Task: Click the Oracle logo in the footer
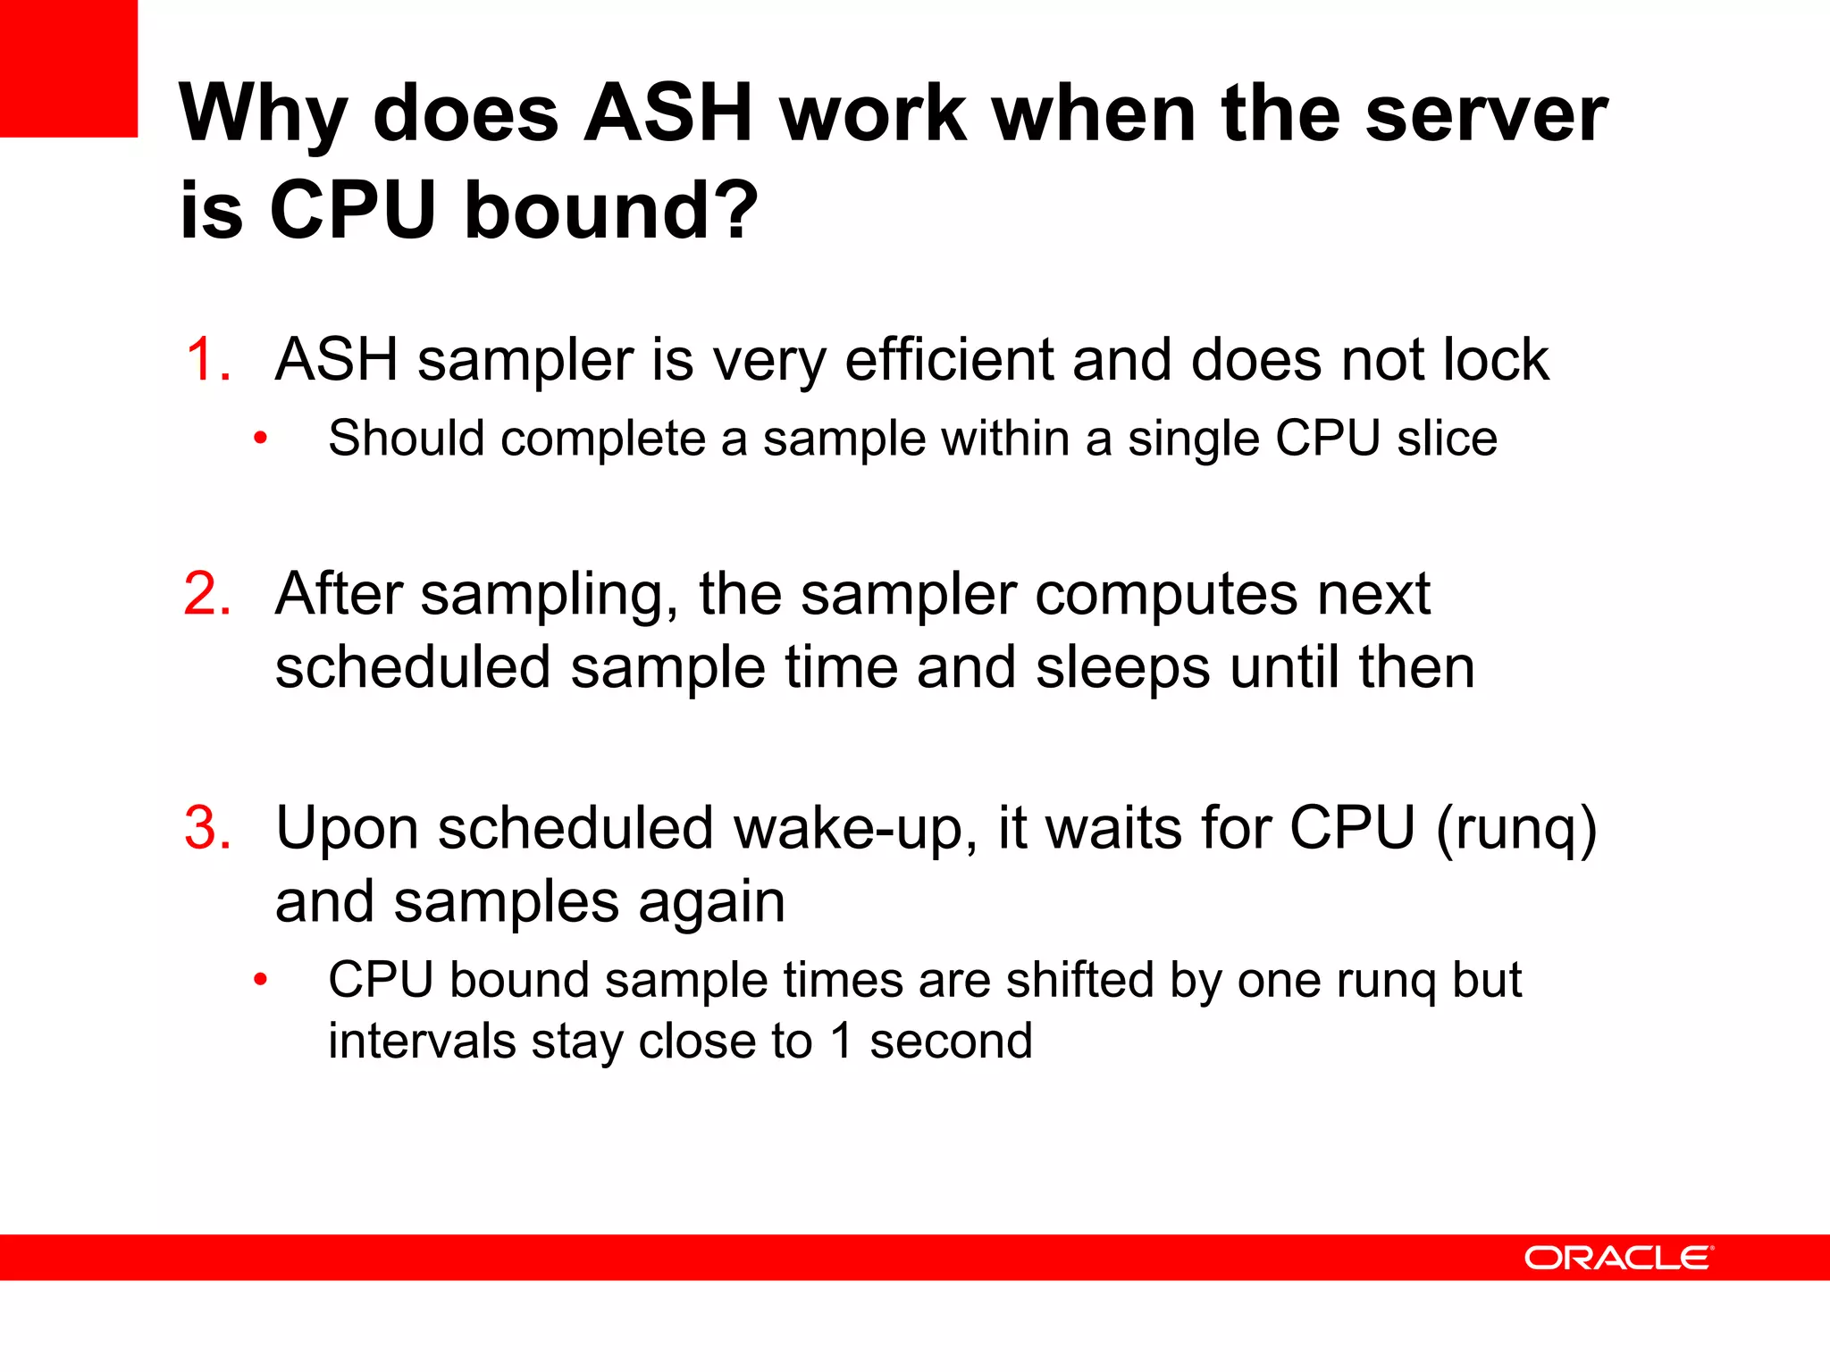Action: point(1617,1258)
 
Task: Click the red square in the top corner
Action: point(68,68)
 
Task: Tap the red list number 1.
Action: point(208,360)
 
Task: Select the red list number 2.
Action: point(207,594)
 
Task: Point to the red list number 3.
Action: point(207,828)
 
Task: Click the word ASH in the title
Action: point(668,113)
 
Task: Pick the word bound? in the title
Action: point(611,211)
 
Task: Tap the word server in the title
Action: point(1486,113)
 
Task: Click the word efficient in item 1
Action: point(947,360)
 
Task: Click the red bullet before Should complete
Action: point(260,439)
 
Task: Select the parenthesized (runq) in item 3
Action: point(1516,828)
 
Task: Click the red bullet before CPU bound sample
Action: point(260,980)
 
